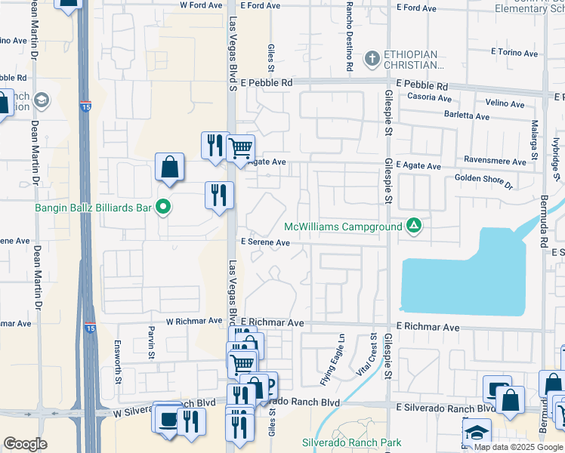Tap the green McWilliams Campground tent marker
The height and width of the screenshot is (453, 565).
tap(414, 225)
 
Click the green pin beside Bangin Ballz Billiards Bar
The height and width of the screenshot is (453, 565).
tap(162, 207)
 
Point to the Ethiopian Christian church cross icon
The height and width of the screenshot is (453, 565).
tap(372, 58)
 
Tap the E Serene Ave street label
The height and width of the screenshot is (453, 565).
tap(265, 242)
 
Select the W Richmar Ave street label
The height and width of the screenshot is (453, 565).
tap(193, 321)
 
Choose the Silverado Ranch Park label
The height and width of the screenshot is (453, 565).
tap(341, 442)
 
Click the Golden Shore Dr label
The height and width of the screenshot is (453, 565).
tap(483, 181)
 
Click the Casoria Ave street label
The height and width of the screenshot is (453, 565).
tap(429, 98)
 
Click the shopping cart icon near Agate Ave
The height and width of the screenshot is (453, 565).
tap(240, 147)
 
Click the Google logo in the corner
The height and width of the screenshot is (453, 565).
tap(26, 444)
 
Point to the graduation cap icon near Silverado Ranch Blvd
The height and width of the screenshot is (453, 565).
tap(477, 433)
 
